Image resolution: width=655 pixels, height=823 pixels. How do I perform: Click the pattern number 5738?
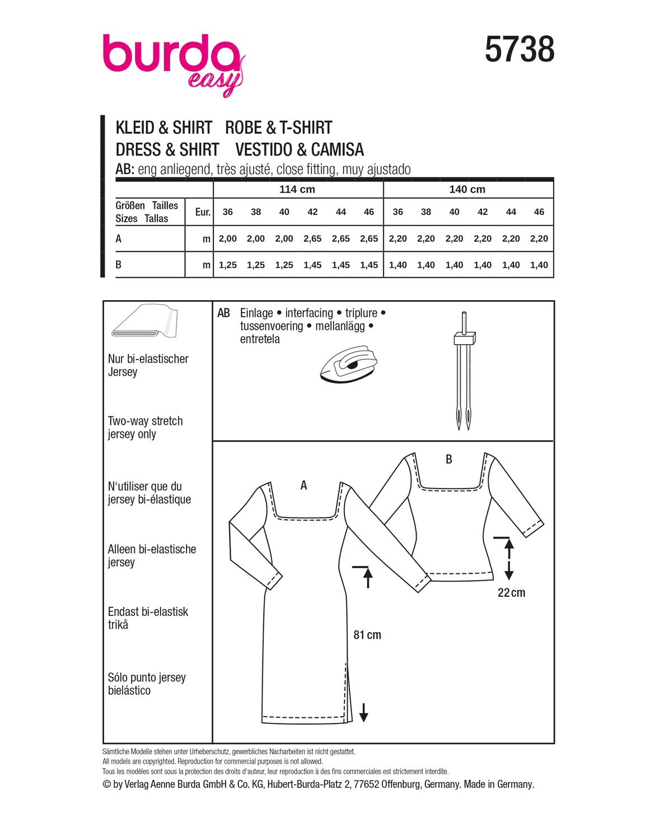pyautogui.click(x=519, y=49)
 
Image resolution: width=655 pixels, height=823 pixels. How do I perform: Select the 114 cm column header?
pyautogui.click(x=297, y=189)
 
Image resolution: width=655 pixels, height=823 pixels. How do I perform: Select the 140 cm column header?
pyautogui.click(x=467, y=189)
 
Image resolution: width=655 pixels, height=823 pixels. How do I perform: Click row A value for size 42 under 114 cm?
pyautogui.click(x=312, y=239)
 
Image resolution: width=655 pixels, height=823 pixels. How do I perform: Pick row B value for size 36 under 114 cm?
pyautogui.click(x=227, y=265)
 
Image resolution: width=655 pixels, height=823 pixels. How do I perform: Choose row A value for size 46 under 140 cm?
pyautogui.click(x=539, y=239)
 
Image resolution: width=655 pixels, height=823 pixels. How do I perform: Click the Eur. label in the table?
pyautogui.click(x=203, y=212)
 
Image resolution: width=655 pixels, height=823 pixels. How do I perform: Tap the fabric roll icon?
pyautogui.click(x=144, y=321)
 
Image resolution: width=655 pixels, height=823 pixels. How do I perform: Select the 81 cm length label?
pyautogui.click(x=367, y=635)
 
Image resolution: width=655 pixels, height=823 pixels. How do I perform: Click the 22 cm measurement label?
pyautogui.click(x=511, y=592)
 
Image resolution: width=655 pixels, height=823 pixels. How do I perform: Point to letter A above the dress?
pyautogui.click(x=303, y=485)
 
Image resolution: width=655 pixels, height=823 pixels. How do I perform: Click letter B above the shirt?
pyautogui.click(x=448, y=459)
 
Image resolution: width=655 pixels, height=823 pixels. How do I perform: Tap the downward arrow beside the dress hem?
pyautogui.click(x=364, y=712)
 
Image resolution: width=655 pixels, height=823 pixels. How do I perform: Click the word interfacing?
pyautogui.click(x=309, y=313)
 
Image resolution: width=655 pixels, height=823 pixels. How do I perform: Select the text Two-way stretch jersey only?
pyautogui.click(x=145, y=427)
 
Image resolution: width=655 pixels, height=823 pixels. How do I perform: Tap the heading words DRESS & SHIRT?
pyautogui.click(x=167, y=149)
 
